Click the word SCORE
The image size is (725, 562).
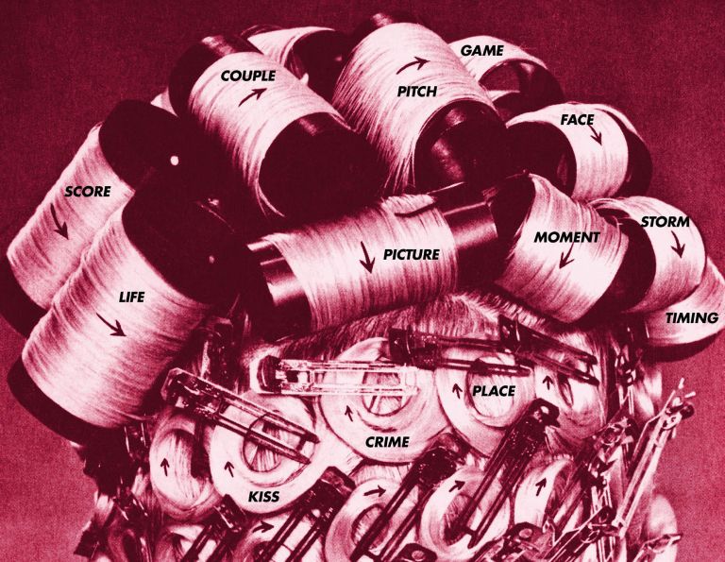point(87,192)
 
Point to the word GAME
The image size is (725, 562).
point(481,49)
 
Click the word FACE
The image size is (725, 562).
point(576,120)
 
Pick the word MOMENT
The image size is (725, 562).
point(566,237)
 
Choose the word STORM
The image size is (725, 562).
point(665,223)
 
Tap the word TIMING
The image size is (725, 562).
point(692,317)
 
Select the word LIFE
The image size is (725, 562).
point(131,298)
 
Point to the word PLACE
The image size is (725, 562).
point(492,389)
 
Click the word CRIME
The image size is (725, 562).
point(386,441)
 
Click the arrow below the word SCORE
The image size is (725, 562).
point(61,224)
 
